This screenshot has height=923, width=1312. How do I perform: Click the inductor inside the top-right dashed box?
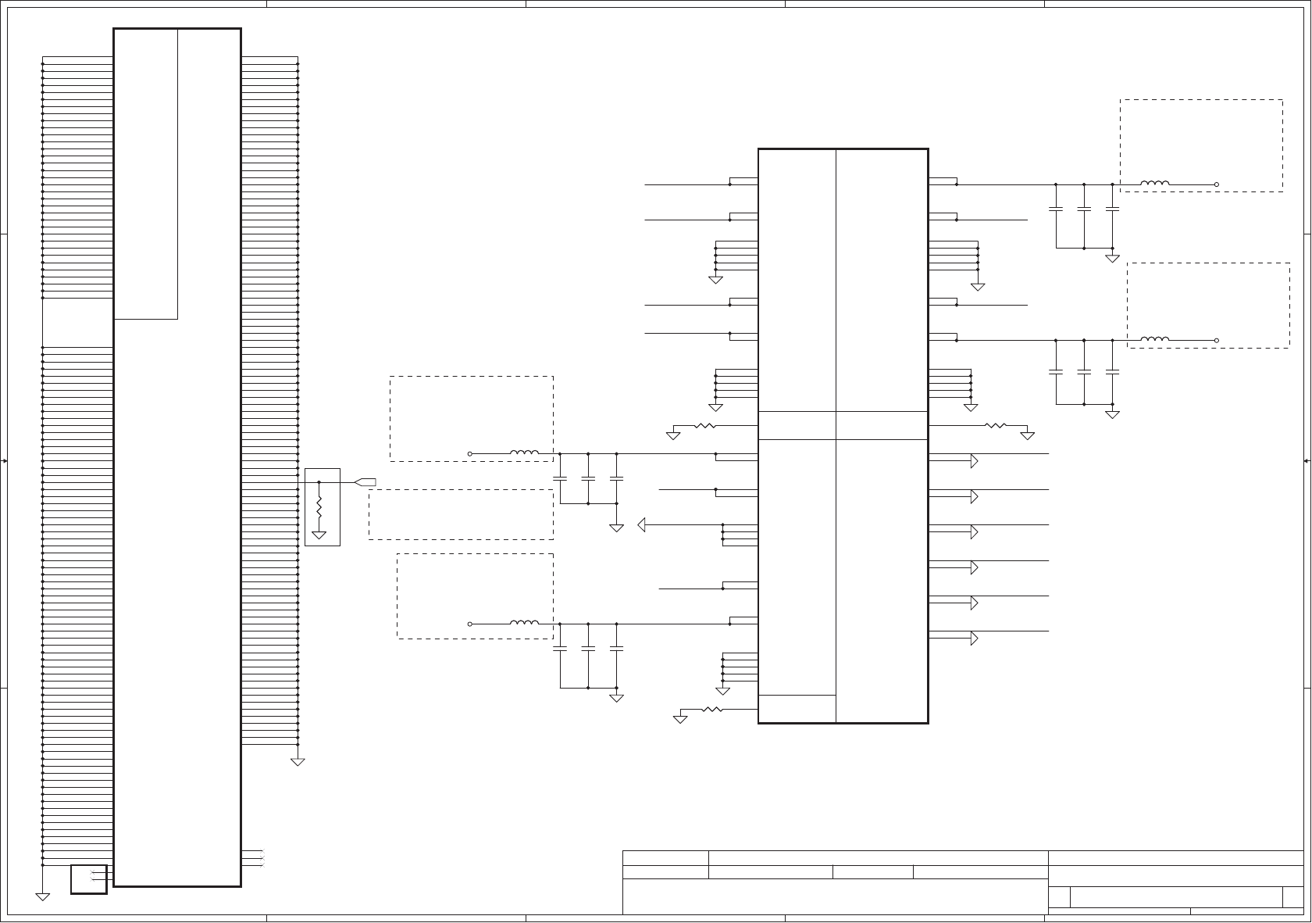(1155, 184)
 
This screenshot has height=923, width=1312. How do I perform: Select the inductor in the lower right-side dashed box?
(1155, 339)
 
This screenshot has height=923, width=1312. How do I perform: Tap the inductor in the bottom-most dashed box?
(524, 623)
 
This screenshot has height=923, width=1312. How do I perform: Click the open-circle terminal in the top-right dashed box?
(1217, 185)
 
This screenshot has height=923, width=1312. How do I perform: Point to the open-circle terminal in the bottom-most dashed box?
(470, 624)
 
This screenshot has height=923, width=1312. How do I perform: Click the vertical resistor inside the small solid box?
(319, 506)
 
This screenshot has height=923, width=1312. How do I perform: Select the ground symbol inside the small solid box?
(319, 535)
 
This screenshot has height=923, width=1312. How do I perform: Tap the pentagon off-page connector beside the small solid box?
(365, 481)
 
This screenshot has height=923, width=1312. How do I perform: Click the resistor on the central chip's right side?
(996, 426)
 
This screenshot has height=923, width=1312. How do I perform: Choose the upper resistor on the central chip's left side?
(705, 426)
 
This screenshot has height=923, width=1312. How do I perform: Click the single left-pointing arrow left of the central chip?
(642, 524)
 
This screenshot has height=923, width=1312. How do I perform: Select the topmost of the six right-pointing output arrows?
(974, 461)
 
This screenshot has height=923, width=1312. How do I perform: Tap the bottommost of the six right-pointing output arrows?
(974, 639)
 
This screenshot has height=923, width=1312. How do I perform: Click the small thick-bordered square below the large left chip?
(88, 878)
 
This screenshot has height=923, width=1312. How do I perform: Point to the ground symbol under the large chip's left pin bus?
(43, 896)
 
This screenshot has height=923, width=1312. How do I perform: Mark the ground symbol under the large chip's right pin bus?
(298, 761)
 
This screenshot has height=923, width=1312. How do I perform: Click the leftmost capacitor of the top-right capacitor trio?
(1056, 209)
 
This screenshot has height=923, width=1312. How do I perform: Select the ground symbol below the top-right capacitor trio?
(1112, 258)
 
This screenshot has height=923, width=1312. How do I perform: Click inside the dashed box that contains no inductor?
(461, 514)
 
